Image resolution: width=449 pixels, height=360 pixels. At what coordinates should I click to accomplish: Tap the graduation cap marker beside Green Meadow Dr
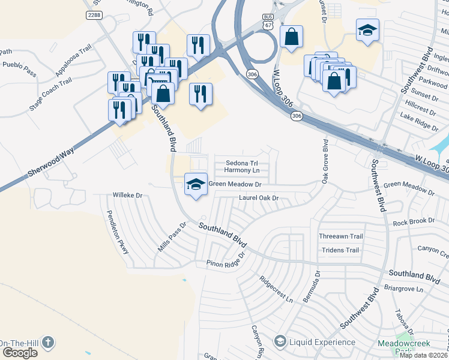click(196, 184)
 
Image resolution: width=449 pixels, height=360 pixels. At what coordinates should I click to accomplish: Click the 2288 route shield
click(94, 15)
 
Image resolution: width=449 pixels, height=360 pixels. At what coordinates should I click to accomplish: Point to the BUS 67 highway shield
click(268, 23)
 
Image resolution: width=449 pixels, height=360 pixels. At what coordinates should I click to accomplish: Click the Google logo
click(20, 353)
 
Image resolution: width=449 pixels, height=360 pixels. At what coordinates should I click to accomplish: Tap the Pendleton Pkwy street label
click(118, 232)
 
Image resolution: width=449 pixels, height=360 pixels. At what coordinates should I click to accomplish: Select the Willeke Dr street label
click(127, 195)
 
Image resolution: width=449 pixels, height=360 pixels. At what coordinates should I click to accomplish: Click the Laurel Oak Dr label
click(259, 197)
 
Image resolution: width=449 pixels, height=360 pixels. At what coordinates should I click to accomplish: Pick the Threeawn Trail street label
click(342, 236)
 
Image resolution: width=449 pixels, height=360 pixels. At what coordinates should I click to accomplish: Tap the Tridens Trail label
click(340, 250)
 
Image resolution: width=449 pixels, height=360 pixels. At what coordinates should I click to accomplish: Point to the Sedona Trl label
click(242, 163)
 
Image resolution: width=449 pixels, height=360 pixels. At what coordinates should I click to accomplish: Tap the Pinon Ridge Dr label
click(226, 260)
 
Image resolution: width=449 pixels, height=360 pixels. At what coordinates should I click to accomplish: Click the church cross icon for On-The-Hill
click(47, 343)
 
